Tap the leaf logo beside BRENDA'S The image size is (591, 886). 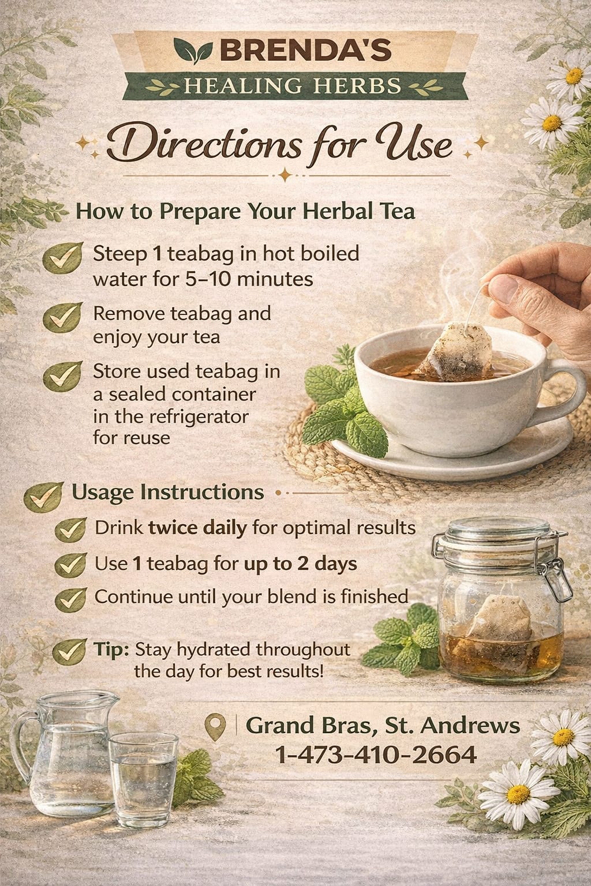click(193, 51)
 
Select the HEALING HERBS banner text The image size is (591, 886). click(292, 86)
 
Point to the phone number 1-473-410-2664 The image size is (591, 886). click(375, 754)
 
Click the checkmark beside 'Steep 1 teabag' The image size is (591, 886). click(62, 258)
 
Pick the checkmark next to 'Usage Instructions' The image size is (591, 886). click(43, 497)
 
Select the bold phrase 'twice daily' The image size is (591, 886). click(197, 528)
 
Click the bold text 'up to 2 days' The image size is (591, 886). click(301, 564)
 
